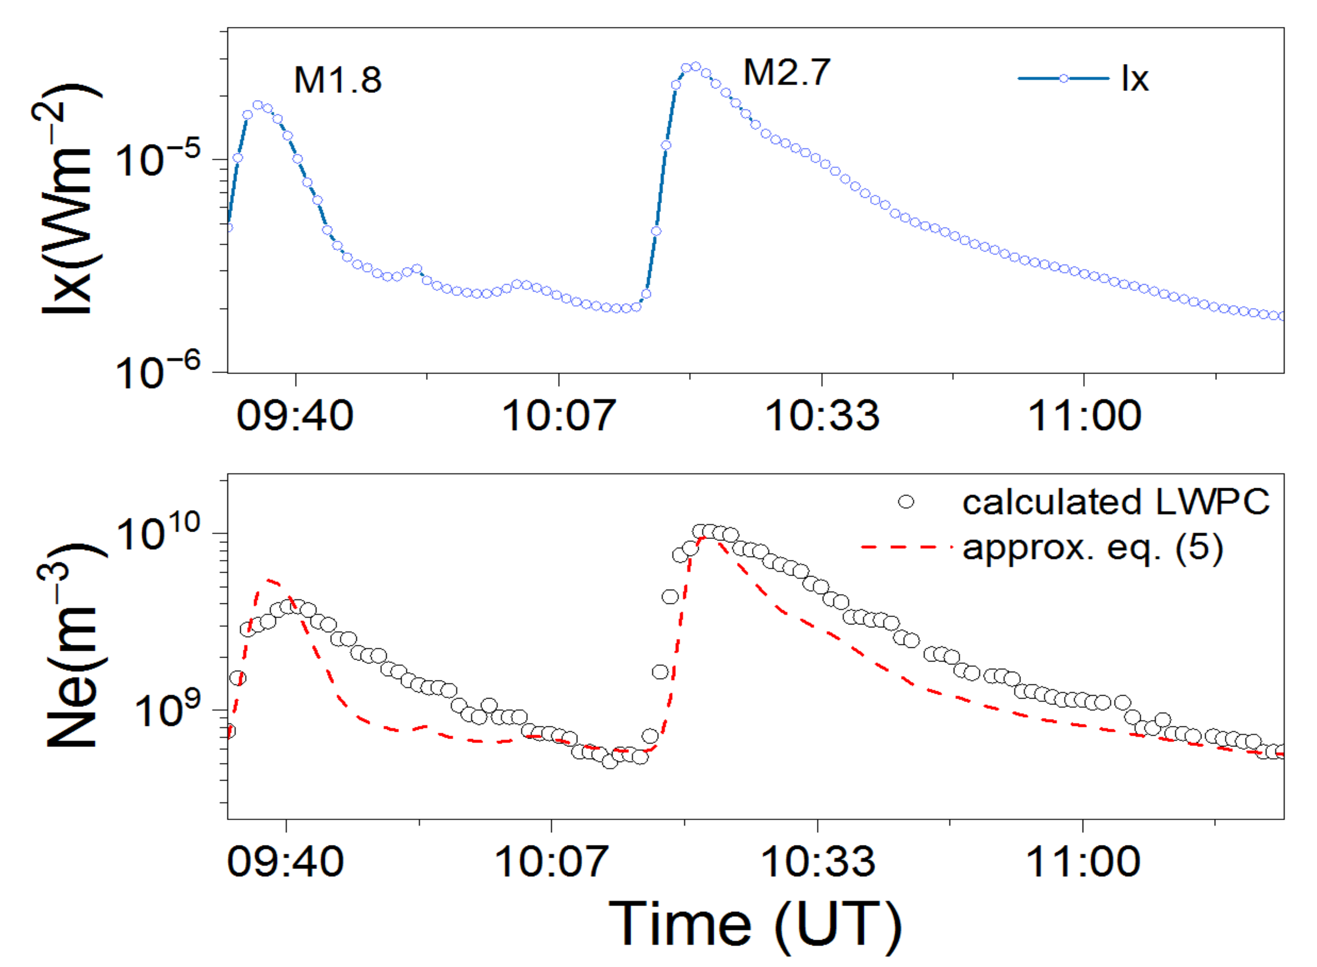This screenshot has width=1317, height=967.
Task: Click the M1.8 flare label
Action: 338,80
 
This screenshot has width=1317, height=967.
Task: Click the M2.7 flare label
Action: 787,73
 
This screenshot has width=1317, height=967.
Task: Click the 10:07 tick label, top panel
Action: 559,416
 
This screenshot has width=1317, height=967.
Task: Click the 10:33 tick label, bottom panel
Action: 817,862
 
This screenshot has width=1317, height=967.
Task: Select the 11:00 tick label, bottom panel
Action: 1083,862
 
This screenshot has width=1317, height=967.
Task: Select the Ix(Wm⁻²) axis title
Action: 67,199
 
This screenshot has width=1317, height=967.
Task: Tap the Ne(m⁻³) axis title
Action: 73,647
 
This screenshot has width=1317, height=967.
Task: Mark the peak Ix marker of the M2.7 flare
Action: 695,66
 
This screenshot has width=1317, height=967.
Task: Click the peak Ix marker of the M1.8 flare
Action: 257,105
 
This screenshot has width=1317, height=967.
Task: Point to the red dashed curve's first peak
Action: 268,580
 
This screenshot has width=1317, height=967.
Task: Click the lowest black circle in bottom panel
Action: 610,762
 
